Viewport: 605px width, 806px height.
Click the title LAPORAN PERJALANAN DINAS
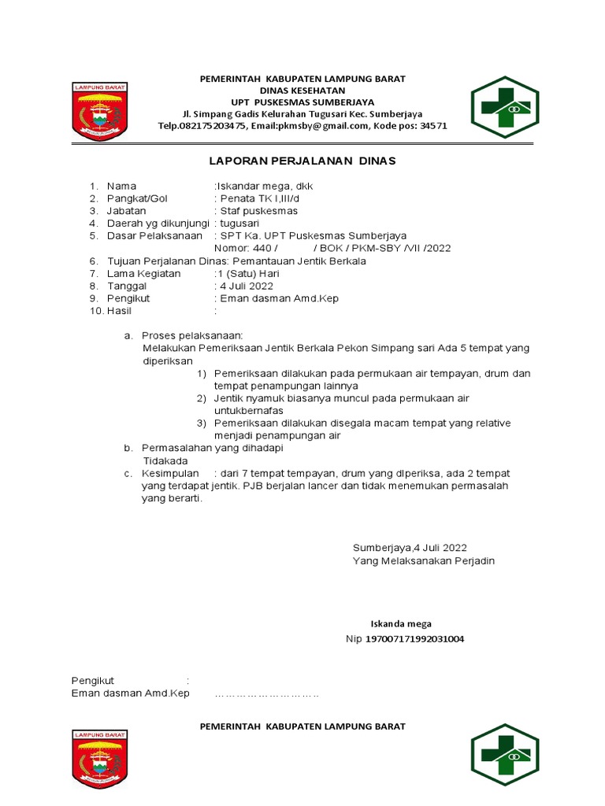click(x=302, y=161)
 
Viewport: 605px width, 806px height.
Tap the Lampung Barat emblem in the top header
click(x=99, y=113)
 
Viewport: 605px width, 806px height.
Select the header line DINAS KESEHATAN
click(x=302, y=91)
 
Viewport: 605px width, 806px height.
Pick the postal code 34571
click(x=433, y=126)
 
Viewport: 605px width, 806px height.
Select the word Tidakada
click(x=165, y=460)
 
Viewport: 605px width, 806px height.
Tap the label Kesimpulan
click(x=169, y=473)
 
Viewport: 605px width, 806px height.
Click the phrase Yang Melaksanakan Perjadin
click(x=424, y=561)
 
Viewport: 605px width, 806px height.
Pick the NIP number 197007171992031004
click(x=414, y=638)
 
